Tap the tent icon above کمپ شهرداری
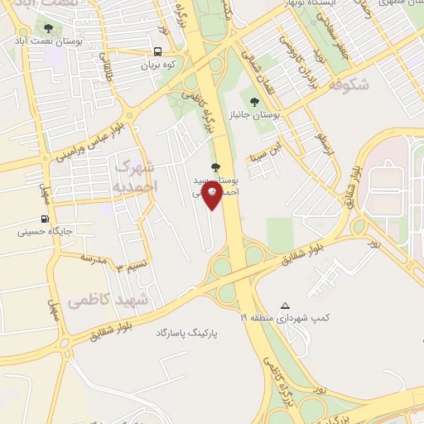click(286, 306)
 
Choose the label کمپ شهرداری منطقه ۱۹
click(285, 318)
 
